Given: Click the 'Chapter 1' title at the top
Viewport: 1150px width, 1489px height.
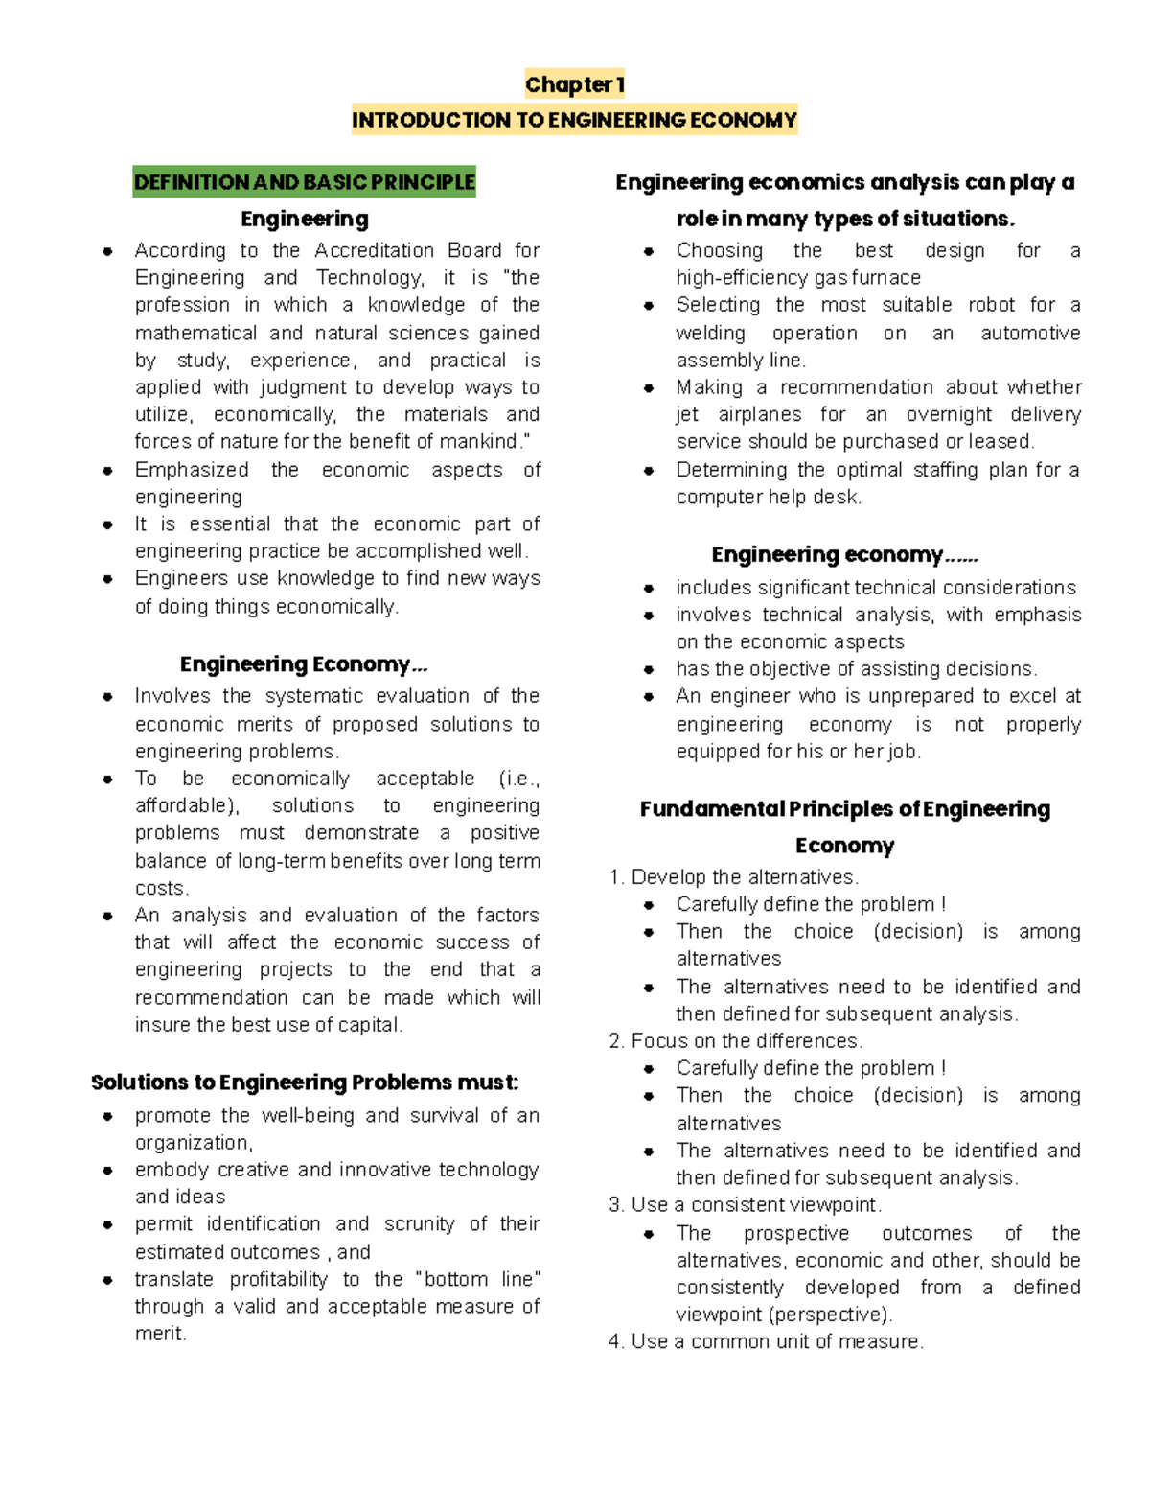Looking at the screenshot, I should point(574,84).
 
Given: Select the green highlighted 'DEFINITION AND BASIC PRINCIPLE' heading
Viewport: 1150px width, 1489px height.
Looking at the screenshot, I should point(304,182).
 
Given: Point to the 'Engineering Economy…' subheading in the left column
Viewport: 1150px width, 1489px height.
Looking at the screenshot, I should point(304,664).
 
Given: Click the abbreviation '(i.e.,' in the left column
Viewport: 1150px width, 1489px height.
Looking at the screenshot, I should point(518,779).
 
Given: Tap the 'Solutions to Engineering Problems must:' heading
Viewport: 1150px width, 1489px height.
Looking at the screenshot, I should point(305,1082).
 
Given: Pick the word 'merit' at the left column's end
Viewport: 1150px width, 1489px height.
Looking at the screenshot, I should point(158,1334).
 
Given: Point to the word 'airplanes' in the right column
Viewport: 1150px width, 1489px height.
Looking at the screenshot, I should point(759,414).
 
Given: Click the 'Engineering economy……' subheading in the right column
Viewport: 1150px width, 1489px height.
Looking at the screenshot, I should point(844,555).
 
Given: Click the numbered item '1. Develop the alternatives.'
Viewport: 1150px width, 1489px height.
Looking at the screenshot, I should point(734,877).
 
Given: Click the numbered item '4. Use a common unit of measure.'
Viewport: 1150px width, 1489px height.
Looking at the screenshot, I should point(766,1341).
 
